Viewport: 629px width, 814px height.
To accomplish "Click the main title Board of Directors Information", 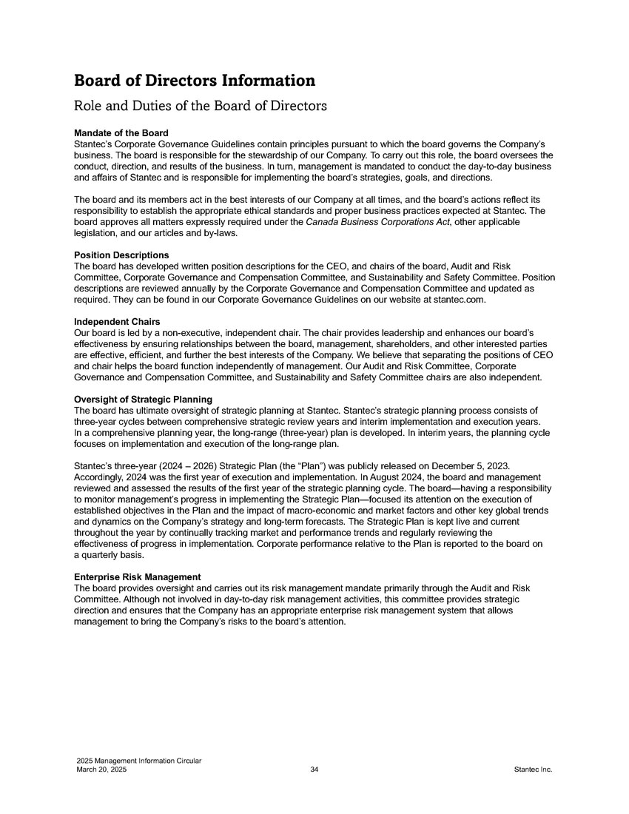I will coord(195,80).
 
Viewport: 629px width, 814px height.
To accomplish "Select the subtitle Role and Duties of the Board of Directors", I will coord(201,106).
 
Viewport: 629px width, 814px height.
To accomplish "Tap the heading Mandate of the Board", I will coord(121,132).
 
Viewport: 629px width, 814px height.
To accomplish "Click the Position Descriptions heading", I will coord(121,255).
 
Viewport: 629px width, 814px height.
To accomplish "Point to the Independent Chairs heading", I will coord(118,322).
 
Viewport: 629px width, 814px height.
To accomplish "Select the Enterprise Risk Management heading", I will coord(138,577).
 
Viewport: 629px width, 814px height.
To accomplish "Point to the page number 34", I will coord(314,770).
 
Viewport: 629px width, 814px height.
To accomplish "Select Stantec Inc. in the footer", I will coord(533,770).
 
